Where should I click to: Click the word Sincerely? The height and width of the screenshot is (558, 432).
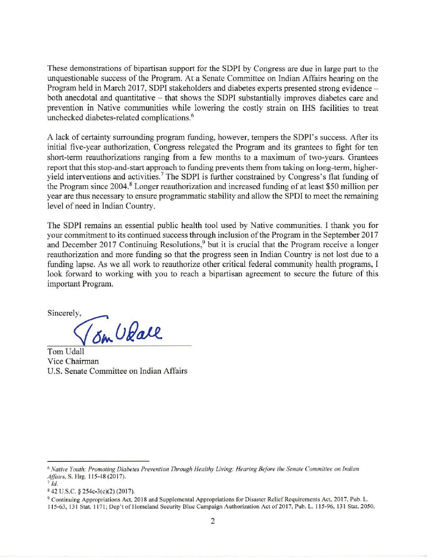(x=64, y=313)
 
